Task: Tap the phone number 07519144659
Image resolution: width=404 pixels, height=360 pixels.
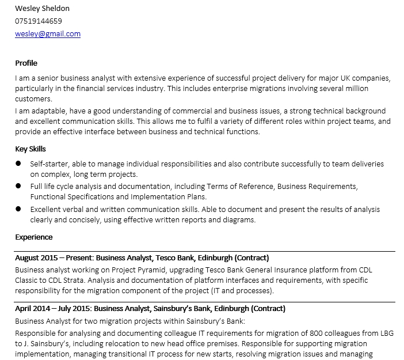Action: (39, 21)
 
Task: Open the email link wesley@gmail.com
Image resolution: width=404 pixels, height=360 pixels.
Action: (48, 33)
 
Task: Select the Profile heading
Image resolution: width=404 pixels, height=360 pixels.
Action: (26, 63)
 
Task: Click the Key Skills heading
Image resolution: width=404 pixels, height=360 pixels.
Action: (31, 149)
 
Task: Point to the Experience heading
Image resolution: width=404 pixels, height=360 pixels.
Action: (34, 237)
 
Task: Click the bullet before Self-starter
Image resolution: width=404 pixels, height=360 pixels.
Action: (18, 164)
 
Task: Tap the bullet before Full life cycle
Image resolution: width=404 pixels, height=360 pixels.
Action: (18, 187)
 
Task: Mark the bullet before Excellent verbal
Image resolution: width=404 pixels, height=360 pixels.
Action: (18, 209)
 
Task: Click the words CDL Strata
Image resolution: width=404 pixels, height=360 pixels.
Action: (61, 280)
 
